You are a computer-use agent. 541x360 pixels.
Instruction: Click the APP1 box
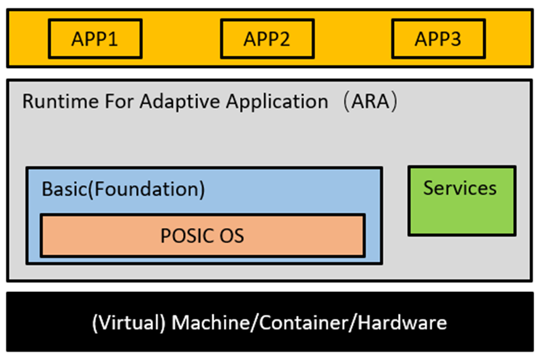click(x=95, y=39)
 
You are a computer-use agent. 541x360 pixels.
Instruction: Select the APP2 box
click(x=266, y=39)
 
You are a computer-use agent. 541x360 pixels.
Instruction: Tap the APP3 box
click(x=438, y=39)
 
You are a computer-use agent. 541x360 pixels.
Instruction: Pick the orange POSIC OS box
click(x=202, y=235)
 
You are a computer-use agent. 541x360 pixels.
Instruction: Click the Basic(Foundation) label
click(x=123, y=189)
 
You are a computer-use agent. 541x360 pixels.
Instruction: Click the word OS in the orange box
click(x=231, y=236)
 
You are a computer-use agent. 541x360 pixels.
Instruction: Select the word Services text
click(x=460, y=188)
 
